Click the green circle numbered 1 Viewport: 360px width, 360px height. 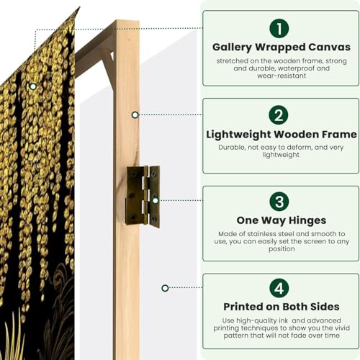[x=280, y=28]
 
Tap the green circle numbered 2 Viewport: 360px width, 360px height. [x=280, y=115]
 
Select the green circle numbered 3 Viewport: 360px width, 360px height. [x=280, y=202]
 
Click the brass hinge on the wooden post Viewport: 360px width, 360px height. [x=143, y=195]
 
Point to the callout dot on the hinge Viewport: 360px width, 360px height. [x=154, y=201]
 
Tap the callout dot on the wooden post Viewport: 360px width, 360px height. [x=135, y=114]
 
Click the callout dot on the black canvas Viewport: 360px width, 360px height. [x=32, y=86]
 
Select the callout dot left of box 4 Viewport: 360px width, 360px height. [x=165, y=288]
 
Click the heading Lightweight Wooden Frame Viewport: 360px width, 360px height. [x=281, y=134]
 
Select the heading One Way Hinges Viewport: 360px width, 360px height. [x=280, y=220]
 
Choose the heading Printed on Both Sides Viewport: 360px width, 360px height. [x=280, y=307]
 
